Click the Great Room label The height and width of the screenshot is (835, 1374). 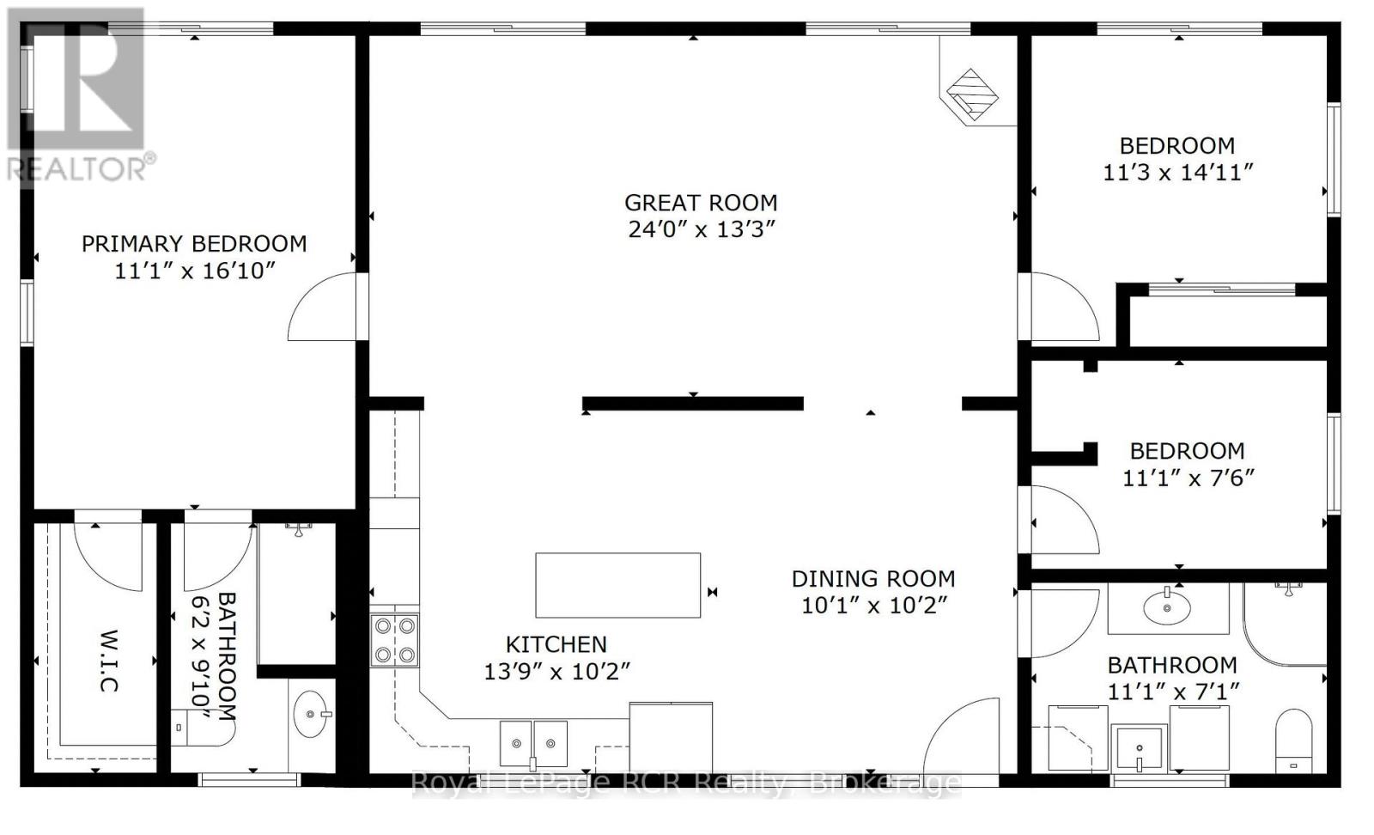coord(701,203)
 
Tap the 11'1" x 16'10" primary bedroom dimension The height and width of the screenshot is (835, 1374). coord(194,271)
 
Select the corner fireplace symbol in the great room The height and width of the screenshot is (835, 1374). coord(972,95)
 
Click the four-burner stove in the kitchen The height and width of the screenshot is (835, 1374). coord(394,641)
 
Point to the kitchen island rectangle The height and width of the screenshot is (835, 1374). coord(618,585)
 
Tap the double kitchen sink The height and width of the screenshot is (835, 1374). coord(533,744)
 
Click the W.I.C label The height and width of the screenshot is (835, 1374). coord(109,661)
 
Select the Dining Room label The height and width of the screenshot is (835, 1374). coord(873,578)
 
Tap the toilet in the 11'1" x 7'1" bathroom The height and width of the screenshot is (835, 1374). coord(1293,741)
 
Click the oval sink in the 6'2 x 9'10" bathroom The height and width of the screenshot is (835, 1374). coord(311,714)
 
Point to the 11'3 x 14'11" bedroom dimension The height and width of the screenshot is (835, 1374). coord(1177,173)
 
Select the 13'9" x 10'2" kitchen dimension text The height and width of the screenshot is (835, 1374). coord(557,672)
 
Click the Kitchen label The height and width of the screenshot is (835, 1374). coord(556,644)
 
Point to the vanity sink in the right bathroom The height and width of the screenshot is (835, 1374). coord(1167,607)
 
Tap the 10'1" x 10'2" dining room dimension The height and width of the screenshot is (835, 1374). coord(875,606)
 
